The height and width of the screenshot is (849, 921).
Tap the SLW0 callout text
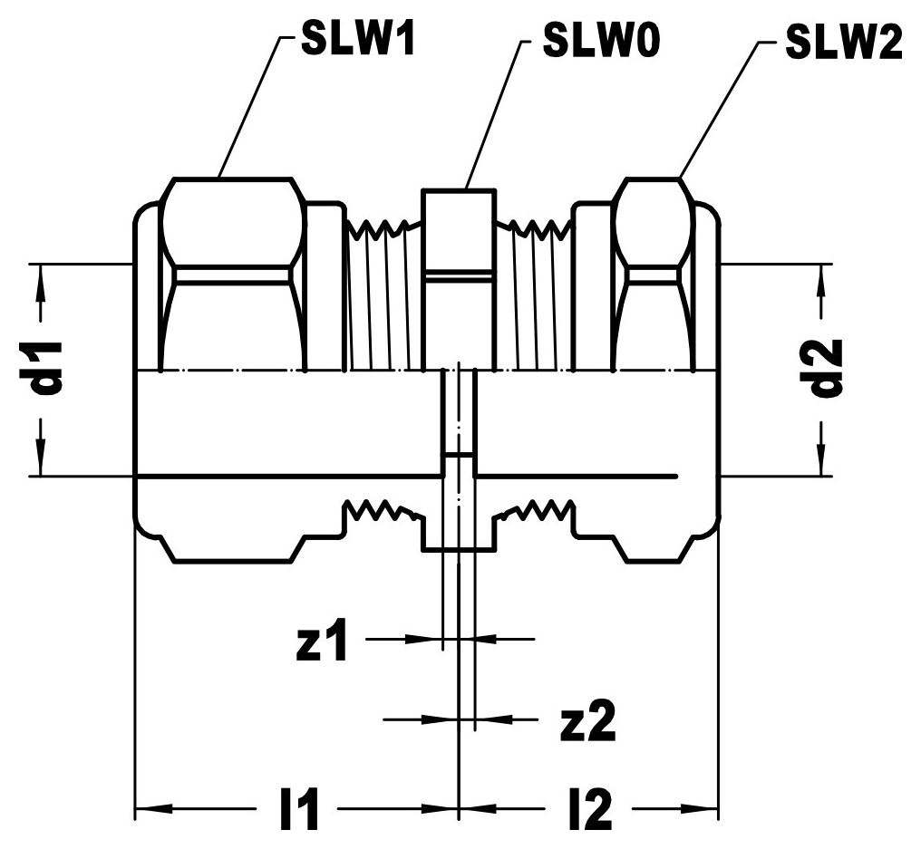(602, 41)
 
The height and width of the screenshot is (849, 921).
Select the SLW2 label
(844, 43)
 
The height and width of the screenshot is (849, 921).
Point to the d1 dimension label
(49, 366)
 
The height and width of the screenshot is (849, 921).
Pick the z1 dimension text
(322, 639)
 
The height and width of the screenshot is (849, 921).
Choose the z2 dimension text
(588, 720)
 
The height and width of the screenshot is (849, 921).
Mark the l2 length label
(590, 809)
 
